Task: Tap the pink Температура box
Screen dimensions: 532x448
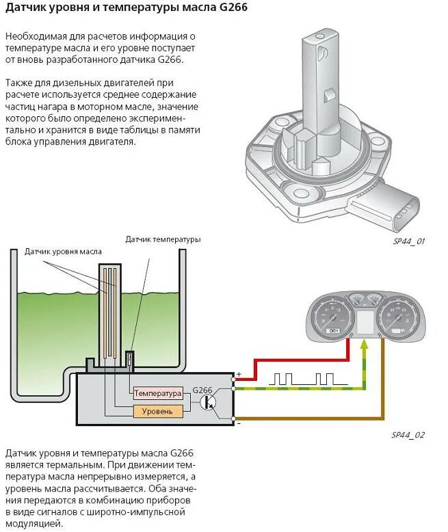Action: click(x=158, y=393)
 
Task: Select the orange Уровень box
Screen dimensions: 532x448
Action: click(x=158, y=411)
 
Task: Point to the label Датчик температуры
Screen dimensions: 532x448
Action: click(x=163, y=239)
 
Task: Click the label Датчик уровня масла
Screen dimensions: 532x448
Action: click(x=63, y=252)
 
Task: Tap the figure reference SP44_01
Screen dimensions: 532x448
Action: click(x=409, y=241)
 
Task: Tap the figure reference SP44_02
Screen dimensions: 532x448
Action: click(x=408, y=435)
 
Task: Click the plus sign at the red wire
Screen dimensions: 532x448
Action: click(x=239, y=374)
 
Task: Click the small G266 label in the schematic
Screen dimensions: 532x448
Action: click(x=203, y=389)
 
